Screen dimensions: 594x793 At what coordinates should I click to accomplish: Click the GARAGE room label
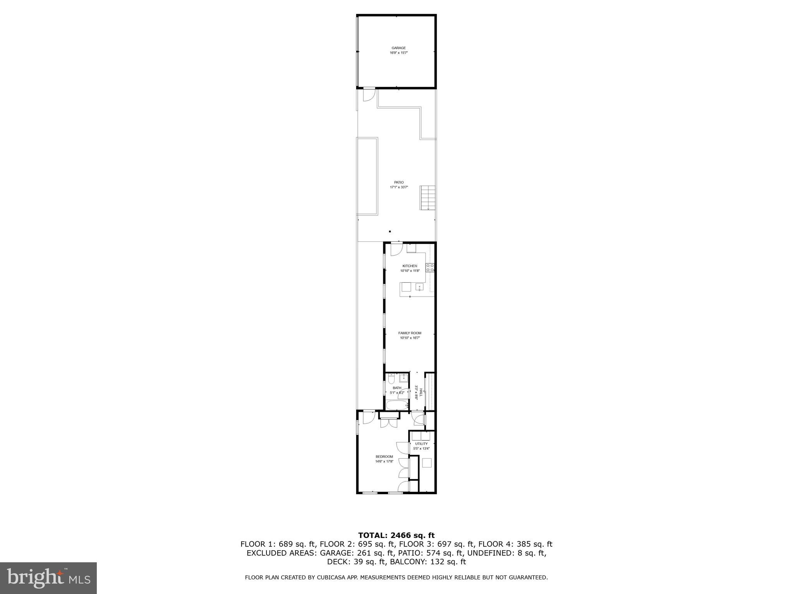398,48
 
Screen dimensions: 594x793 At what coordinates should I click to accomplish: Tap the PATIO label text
399,182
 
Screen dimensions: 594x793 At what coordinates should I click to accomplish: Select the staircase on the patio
428,198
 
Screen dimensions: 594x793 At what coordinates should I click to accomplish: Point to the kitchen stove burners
430,268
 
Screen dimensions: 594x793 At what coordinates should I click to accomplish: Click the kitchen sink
419,287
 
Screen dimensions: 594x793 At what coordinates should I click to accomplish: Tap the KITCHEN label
410,266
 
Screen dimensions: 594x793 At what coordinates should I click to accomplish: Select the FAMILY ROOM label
410,333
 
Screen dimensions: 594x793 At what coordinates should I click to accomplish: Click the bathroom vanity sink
404,377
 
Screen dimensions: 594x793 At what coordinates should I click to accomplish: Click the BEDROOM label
384,457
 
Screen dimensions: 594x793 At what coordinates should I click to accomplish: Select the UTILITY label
421,444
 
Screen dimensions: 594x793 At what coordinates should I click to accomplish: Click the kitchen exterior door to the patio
396,249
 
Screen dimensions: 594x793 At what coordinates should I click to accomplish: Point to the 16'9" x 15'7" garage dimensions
398,53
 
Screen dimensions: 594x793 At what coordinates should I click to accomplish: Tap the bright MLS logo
48,578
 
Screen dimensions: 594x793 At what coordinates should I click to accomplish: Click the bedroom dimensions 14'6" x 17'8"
384,461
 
